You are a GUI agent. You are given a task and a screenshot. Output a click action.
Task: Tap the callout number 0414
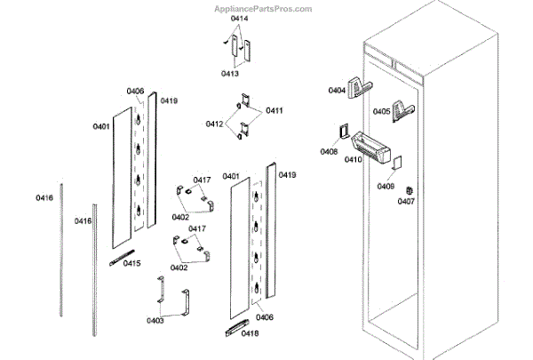(239, 19)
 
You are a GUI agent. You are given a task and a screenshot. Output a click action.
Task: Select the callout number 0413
(230, 74)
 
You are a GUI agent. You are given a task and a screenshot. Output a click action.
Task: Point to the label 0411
(274, 110)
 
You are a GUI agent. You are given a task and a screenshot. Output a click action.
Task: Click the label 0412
(215, 124)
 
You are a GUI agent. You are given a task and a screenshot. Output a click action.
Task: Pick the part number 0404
(337, 91)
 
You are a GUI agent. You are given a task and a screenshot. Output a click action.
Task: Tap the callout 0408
(329, 151)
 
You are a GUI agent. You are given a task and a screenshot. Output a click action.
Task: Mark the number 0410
(353, 160)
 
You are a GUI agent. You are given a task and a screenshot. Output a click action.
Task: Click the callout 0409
(385, 186)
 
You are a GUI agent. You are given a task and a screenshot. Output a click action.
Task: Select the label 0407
(406, 202)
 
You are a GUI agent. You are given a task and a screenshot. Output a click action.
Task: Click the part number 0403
(155, 320)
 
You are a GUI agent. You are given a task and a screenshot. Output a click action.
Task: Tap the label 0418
(250, 334)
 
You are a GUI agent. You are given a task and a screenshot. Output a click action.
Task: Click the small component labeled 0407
(410, 189)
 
